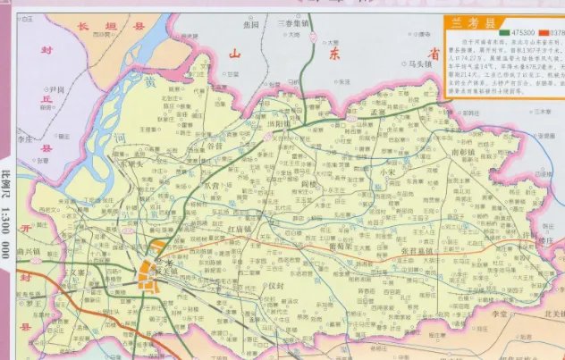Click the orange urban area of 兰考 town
[x=152, y=264]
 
